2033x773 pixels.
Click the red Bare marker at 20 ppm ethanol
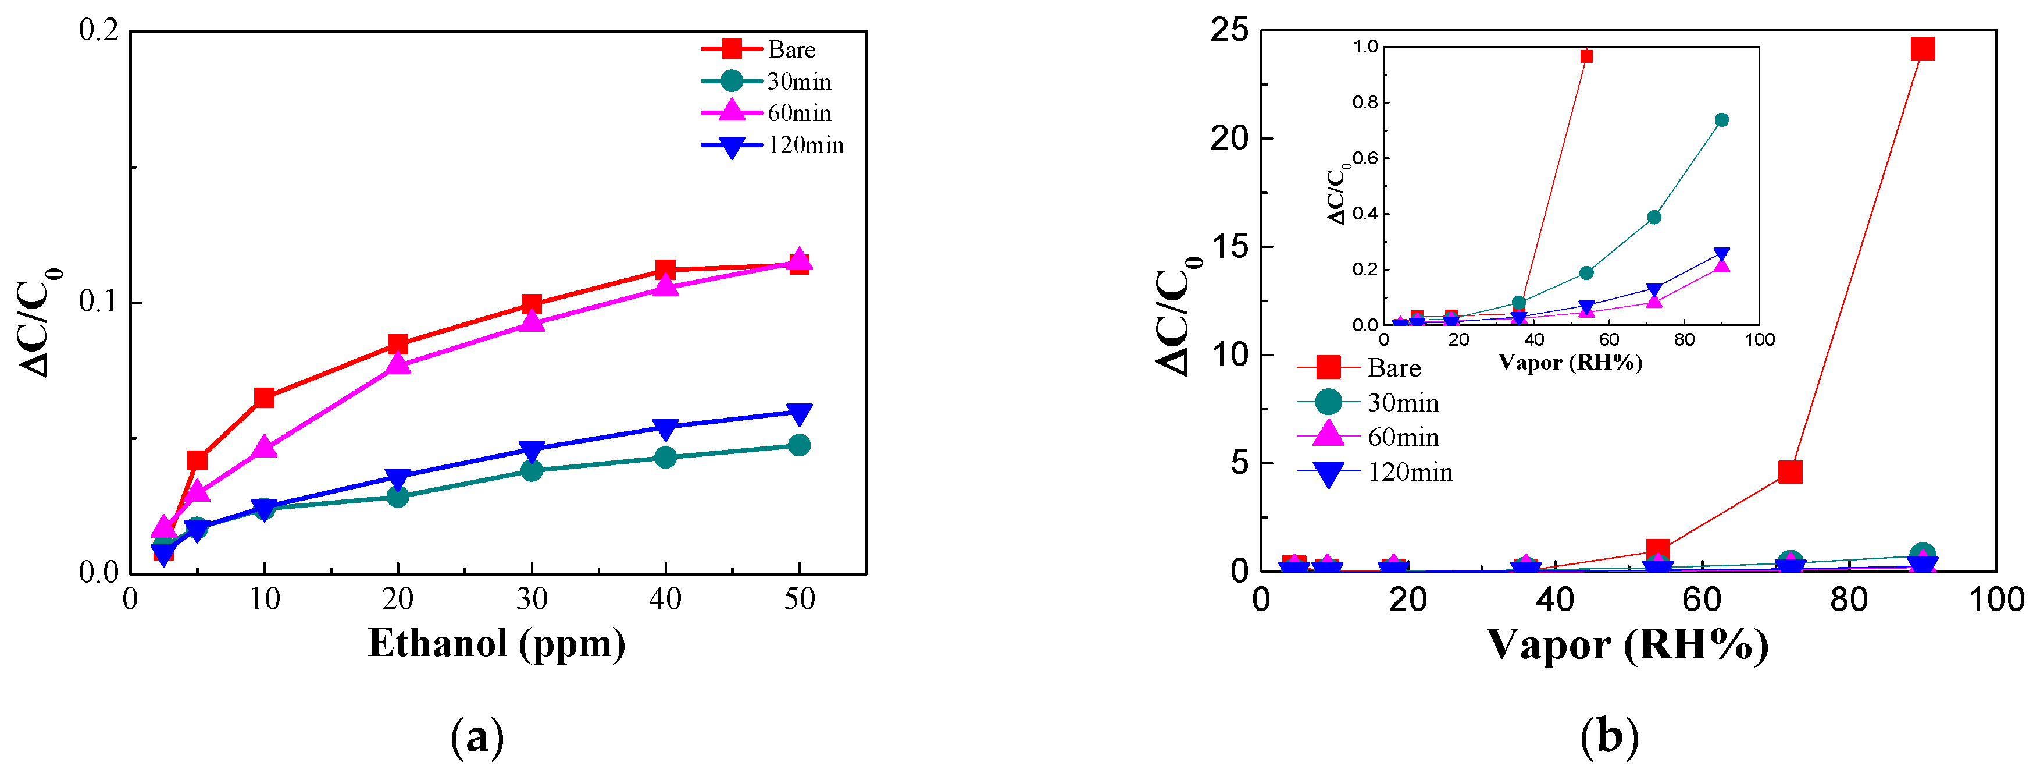pyautogui.click(x=398, y=344)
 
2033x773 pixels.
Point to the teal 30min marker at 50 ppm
pyautogui.click(x=798, y=445)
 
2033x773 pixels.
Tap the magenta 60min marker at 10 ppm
pyautogui.click(x=265, y=447)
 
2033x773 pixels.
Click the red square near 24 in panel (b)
pyautogui.click(x=1923, y=49)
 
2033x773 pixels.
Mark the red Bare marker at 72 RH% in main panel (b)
pyautogui.click(x=1790, y=472)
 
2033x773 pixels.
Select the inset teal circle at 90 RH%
pyautogui.click(x=1722, y=120)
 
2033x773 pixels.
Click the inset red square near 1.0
pyautogui.click(x=1586, y=56)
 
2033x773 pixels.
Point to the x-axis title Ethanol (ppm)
pyautogui.click(x=497, y=644)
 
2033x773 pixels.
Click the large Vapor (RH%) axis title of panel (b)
pyautogui.click(x=1627, y=645)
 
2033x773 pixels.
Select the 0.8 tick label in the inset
pyautogui.click(x=1365, y=102)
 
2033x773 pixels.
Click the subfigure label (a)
pyautogui.click(x=477, y=737)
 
